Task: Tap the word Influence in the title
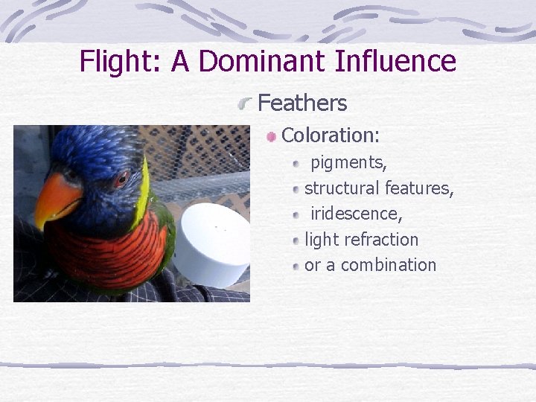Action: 395,61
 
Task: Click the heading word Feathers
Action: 302,103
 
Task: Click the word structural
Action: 342,188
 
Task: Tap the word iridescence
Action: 356,214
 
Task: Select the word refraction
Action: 381,240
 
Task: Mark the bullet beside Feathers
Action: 246,105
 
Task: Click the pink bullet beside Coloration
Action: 272,136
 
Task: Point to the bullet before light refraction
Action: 296,240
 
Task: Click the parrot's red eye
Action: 122,178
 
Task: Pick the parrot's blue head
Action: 89,153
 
